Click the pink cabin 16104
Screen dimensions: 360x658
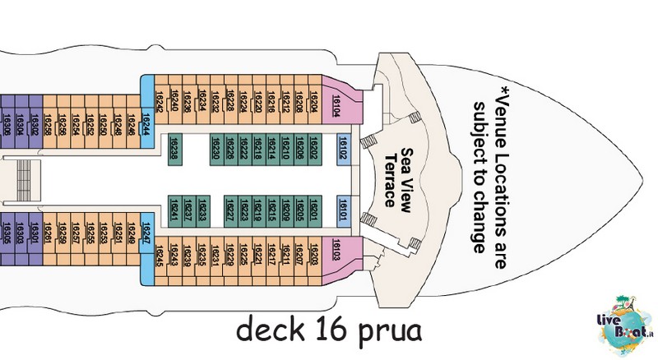click(336, 103)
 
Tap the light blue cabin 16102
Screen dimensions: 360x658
click(345, 149)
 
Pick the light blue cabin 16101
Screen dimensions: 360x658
click(345, 209)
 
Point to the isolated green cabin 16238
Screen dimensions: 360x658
click(174, 149)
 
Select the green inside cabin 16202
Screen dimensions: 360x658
click(313, 149)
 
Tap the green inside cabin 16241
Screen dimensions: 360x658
click(174, 210)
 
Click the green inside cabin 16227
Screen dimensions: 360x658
click(231, 210)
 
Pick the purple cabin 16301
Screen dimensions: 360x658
click(35, 231)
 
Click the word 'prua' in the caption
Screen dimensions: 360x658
click(387, 333)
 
